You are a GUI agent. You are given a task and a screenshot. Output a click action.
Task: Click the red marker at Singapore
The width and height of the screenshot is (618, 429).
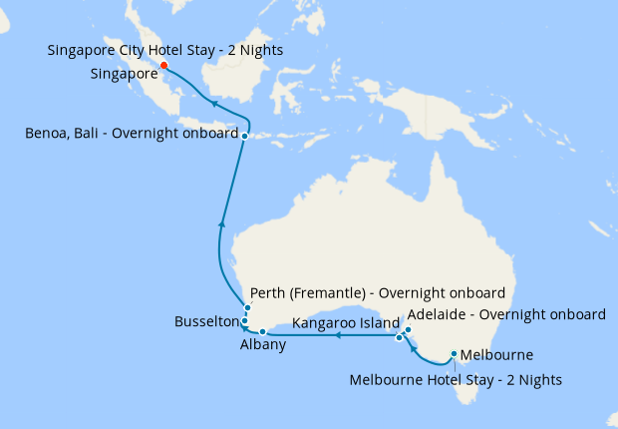pos(164,66)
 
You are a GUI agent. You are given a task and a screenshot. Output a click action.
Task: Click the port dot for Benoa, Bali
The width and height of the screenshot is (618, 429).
pos(244,135)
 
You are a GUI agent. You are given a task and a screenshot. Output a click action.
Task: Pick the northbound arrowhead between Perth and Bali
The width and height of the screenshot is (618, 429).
pos(220,223)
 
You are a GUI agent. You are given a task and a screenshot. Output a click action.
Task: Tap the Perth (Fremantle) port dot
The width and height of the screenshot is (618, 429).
pos(246,308)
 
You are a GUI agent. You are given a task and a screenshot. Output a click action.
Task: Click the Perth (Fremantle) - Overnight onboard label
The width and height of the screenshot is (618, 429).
pos(378,293)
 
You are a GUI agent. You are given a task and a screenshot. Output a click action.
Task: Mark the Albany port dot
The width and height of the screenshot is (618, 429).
pos(262,331)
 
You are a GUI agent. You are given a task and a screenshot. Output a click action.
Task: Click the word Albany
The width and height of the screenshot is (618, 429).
pos(263,345)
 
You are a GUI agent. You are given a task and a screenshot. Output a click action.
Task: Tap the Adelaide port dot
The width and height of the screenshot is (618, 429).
pos(407,329)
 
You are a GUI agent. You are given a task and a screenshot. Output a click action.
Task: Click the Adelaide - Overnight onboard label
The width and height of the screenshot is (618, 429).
pos(506,313)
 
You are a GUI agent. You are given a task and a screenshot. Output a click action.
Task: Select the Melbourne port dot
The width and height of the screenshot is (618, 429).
pos(454,353)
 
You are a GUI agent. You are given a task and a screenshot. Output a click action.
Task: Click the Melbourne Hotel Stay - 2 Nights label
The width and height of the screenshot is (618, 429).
pos(457,379)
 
